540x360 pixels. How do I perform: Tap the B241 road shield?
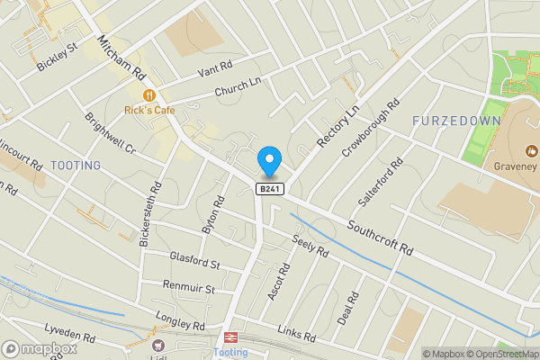267,188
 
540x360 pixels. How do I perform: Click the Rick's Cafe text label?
149,110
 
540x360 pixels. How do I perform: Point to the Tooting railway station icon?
231,337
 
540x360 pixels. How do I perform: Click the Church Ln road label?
237,86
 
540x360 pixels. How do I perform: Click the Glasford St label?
194,261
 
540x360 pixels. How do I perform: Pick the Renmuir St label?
189,289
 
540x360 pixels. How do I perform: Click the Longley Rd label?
180,320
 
